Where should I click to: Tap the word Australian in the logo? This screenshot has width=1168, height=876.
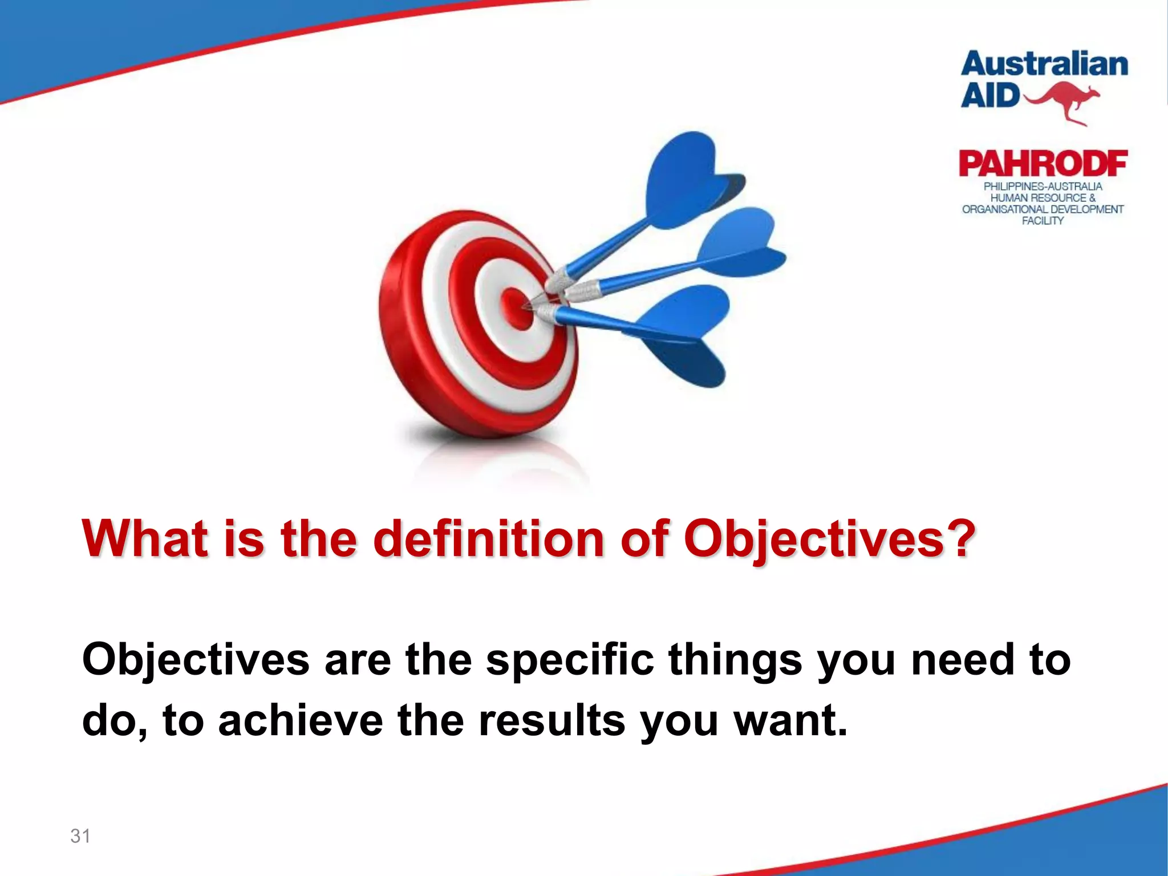tap(1044, 64)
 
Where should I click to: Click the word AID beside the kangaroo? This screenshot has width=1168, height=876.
tap(989, 96)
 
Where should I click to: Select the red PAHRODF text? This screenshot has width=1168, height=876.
tap(1043, 164)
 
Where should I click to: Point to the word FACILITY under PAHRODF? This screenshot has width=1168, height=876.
tap(1043, 221)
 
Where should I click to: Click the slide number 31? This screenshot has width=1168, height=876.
tap(80, 836)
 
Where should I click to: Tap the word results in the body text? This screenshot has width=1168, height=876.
tap(551, 721)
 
